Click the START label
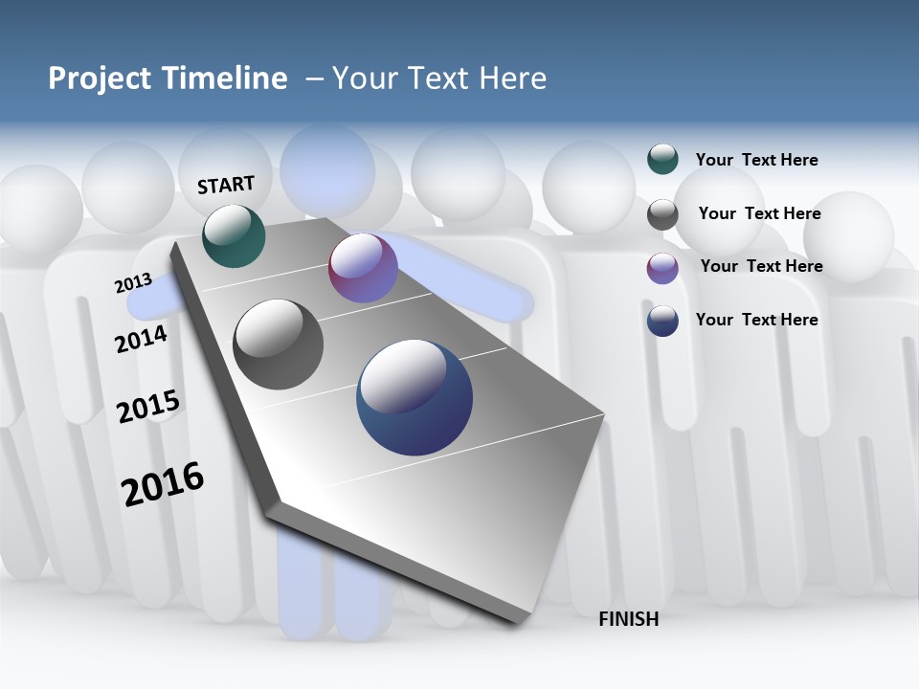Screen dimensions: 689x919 226,185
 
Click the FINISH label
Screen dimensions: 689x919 629,619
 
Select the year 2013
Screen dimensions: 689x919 133,283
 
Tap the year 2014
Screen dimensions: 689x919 141,339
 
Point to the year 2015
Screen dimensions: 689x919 148,407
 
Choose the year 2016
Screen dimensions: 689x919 163,483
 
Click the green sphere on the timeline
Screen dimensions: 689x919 234,235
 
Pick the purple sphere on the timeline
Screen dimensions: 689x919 363,268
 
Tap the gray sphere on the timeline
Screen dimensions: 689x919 279,344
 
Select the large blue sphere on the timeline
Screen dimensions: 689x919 415,397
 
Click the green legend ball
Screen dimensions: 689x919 662,159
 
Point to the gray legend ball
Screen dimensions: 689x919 662,214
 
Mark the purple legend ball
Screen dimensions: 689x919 662,268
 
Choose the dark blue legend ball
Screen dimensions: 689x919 662,321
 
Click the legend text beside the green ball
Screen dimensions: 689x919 756,160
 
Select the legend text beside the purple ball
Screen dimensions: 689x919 761,266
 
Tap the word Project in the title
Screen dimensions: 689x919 100,78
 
